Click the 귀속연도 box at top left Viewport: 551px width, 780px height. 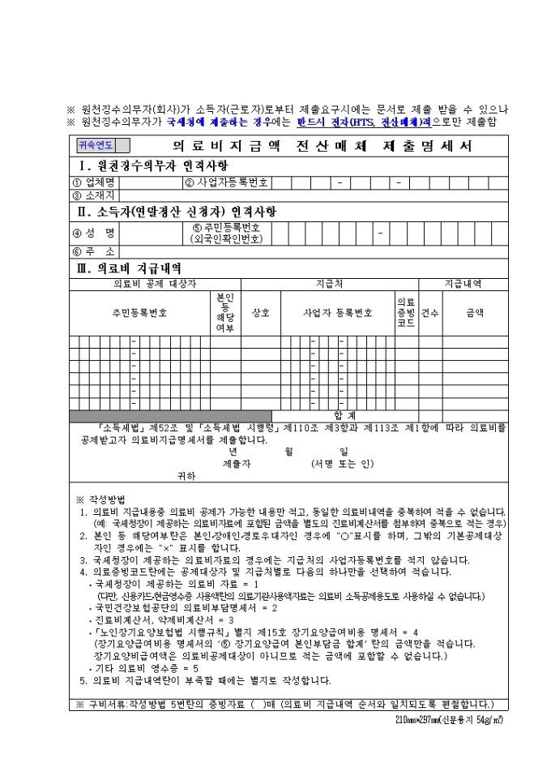pos(96,147)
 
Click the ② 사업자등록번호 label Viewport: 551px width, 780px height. pos(226,182)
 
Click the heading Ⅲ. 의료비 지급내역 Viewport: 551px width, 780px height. pos(130,268)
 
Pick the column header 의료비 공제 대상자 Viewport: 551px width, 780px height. pos(155,284)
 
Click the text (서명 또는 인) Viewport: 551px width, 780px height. pos(342,464)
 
